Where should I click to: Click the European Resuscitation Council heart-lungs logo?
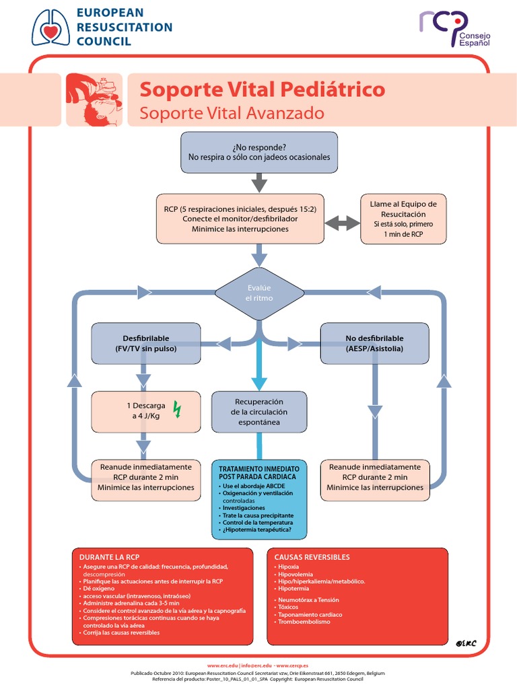pos(51,28)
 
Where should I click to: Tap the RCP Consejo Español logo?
pos(454,28)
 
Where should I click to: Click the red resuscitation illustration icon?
pos(94,100)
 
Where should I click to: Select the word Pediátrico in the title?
pos(333,89)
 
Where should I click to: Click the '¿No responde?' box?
pos(259,152)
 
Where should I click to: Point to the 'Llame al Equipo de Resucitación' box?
pos(403,219)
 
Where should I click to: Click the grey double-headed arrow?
pos(342,223)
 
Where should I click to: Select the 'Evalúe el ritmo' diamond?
pos(259,293)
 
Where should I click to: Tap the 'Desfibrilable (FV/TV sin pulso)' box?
pos(145,343)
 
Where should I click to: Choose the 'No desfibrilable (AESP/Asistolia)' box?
pos(374,343)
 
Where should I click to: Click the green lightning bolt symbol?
pos(177,409)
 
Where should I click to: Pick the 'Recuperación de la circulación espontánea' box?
pos(259,412)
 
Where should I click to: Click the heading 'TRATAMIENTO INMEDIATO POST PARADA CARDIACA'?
pos(259,473)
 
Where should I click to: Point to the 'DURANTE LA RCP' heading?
pos(109,557)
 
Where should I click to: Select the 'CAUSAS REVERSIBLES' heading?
pos(312,557)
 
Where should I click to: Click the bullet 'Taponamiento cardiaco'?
pos(310,615)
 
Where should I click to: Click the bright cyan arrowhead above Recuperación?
pos(259,383)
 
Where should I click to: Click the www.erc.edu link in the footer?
pos(222,665)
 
